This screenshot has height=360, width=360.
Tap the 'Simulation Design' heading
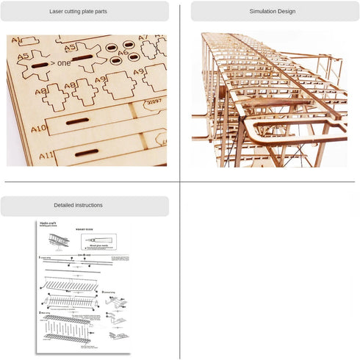(272, 12)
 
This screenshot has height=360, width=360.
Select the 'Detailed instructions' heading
(79, 206)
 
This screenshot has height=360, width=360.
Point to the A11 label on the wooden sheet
(46, 156)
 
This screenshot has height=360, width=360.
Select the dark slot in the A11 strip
(86, 153)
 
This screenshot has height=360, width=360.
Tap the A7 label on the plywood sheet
(143, 37)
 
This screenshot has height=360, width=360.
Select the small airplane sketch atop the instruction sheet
(59, 240)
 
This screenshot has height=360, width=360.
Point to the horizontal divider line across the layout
(180, 182)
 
